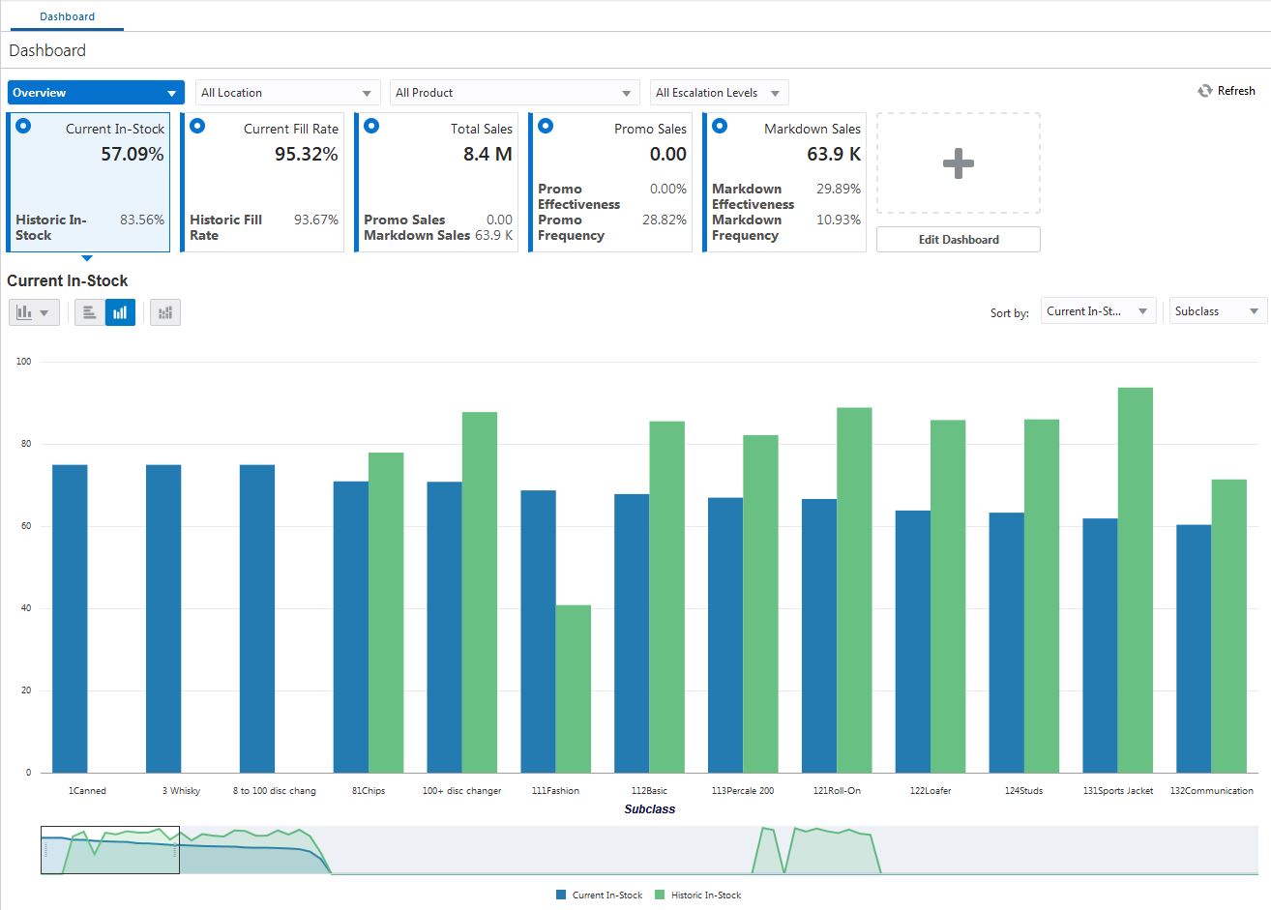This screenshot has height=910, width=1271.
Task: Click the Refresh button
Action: pyautogui.click(x=1227, y=91)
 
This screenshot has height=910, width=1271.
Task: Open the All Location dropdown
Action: pyautogui.click(x=287, y=93)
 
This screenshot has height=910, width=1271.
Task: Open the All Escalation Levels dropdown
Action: pyautogui.click(x=719, y=93)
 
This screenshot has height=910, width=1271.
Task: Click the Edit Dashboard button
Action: pyautogui.click(x=958, y=240)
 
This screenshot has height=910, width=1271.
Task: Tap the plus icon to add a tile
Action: pyautogui.click(x=958, y=163)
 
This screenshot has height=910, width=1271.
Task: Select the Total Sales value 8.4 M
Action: pyautogui.click(x=488, y=155)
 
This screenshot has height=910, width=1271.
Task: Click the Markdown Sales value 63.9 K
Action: pyautogui.click(x=833, y=155)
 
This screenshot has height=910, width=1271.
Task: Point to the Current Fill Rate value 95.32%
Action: pyautogui.click(x=306, y=155)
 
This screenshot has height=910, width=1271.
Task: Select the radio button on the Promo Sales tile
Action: pyautogui.click(x=546, y=126)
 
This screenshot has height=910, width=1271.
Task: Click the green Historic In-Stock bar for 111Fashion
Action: pyautogui.click(x=573, y=689)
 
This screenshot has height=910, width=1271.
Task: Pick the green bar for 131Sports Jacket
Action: pyautogui.click(x=1135, y=580)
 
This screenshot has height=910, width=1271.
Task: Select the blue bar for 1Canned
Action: pyautogui.click(x=70, y=619)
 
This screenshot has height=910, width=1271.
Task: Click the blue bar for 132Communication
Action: pyautogui.click(x=1193, y=648)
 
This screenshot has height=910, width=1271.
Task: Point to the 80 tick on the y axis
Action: pyautogui.click(x=24, y=444)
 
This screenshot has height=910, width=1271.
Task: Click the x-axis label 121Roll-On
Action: pyautogui.click(x=837, y=791)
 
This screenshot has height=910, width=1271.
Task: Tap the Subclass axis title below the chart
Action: pyautogui.click(x=649, y=809)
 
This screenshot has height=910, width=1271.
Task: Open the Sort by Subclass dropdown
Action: pyautogui.click(x=1217, y=311)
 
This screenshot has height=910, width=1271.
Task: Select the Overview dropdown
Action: pyautogui.click(x=95, y=93)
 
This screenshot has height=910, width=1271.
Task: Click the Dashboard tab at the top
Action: pyautogui.click(x=67, y=16)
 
